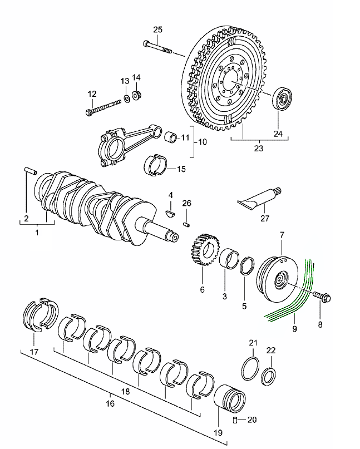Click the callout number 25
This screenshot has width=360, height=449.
[157, 29]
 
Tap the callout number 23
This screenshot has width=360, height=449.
[258, 149]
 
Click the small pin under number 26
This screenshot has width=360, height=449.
[187, 224]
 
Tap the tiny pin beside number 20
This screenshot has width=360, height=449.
[235, 419]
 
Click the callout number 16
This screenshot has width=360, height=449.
[110, 403]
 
